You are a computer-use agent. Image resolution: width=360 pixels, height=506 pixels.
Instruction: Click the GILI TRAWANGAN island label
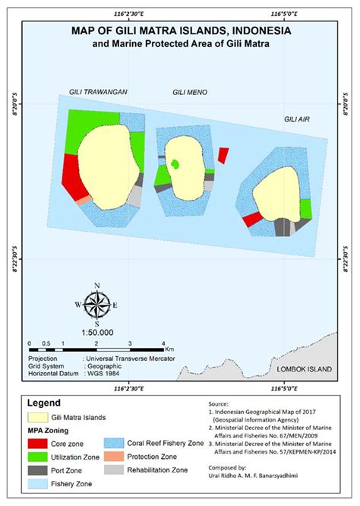(x=96, y=92)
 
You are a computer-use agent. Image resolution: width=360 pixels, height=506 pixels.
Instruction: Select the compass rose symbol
(x=96, y=305)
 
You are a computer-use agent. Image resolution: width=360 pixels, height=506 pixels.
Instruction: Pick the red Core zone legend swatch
(x=36, y=443)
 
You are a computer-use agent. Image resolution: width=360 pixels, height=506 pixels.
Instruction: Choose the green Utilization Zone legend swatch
(x=36, y=457)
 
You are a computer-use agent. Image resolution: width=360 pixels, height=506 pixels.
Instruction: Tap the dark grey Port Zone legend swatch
(x=36, y=470)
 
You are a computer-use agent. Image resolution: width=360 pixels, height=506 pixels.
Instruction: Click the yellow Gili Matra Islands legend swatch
(x=36, y=417)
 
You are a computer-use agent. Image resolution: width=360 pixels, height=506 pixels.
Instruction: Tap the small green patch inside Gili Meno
(x=176, y=163)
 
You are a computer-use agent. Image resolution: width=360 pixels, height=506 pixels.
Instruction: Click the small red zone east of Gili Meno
(x=223, y=155)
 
